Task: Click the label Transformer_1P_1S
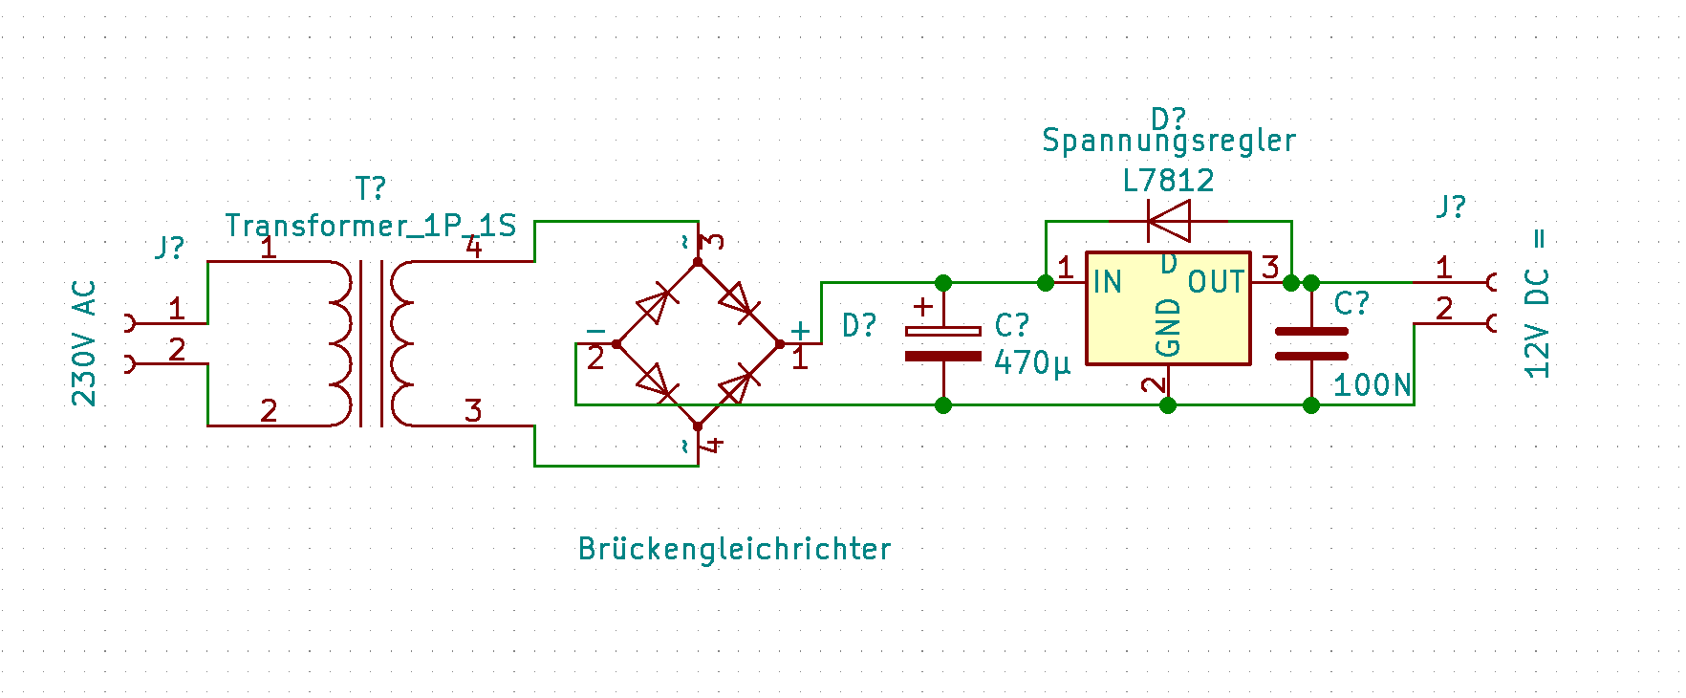[370, 226]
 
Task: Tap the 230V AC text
[84, 343]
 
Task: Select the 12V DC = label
[1536, 305]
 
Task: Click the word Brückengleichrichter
[734, 549]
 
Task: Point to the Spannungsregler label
[1168, 141]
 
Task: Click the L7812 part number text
[1168, 181]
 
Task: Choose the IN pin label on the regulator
[1107, 282]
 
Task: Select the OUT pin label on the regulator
[1216, 282]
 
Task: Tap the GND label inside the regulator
[1168, 327]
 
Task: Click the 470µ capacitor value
[1032, 363]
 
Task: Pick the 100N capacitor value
[1372, 385]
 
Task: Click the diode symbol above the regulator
[1168, 221]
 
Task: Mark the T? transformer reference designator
[370, 188]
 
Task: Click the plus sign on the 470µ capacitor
[922, 307]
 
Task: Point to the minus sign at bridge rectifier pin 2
[595, 331]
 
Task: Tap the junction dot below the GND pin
[1168, 405]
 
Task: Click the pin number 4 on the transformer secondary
[473, 248]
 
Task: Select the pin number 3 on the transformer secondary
[473, 411]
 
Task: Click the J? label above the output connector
[1450, 207]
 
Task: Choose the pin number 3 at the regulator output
[1270, 267]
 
